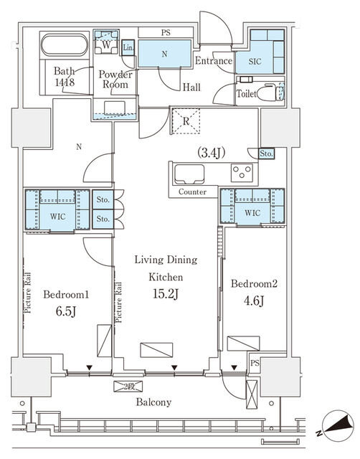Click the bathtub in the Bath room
[65, 44]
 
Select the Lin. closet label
[128, 47]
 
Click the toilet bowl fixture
[270, 92]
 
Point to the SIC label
[255, 62]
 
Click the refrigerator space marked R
[186, 121]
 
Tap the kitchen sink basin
[189, 174]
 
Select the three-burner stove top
[242, 173]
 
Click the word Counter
[192, 192]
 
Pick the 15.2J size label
[166, 294]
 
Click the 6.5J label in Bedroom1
[66, 311]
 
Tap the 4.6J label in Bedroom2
[254, 301]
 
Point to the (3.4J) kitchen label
[211, 153]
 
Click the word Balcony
[153, 402]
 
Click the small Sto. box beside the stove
[266, 153]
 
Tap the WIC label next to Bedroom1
[57, 217]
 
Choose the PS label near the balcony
[255, 364]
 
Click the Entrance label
[214, 60]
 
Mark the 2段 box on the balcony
[128, 387]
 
